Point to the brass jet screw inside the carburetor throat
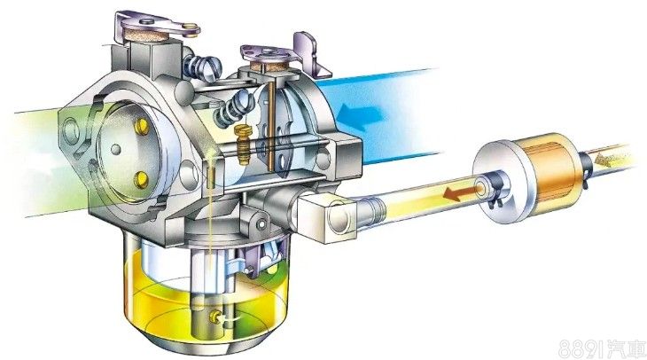[244, 144]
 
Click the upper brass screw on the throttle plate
[142, 127]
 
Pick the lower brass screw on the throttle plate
[142, 179]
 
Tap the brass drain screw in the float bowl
[214, 317]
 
